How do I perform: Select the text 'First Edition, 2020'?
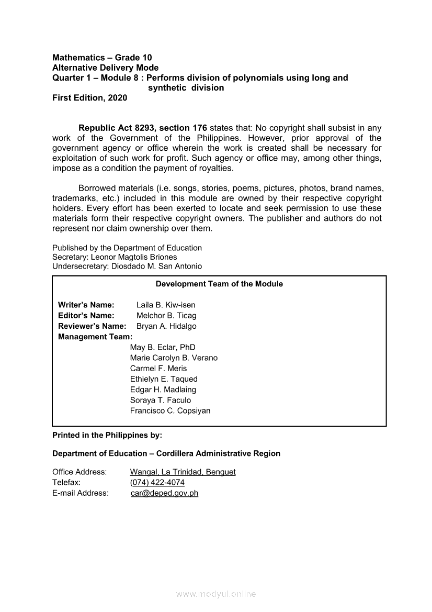coord(89,98)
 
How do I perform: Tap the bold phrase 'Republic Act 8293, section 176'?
coord(143,128)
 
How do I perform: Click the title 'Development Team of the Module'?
coord(219,284)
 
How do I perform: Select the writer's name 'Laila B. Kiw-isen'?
coord(166,305)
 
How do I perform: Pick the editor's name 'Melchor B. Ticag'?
coord(166,316)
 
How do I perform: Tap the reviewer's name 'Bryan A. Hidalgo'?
coord(166,326)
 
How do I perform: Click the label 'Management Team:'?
coord(95,337)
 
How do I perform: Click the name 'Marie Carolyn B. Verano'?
coord(174,358)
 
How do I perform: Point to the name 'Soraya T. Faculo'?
coord(161,400)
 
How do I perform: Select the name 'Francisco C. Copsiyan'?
coord(170,411)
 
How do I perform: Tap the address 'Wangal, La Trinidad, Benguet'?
coord(183,472)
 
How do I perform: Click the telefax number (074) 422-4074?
coord(157,482)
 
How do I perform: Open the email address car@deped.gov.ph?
coord(164,493)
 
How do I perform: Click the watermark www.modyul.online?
coord(216,594)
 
